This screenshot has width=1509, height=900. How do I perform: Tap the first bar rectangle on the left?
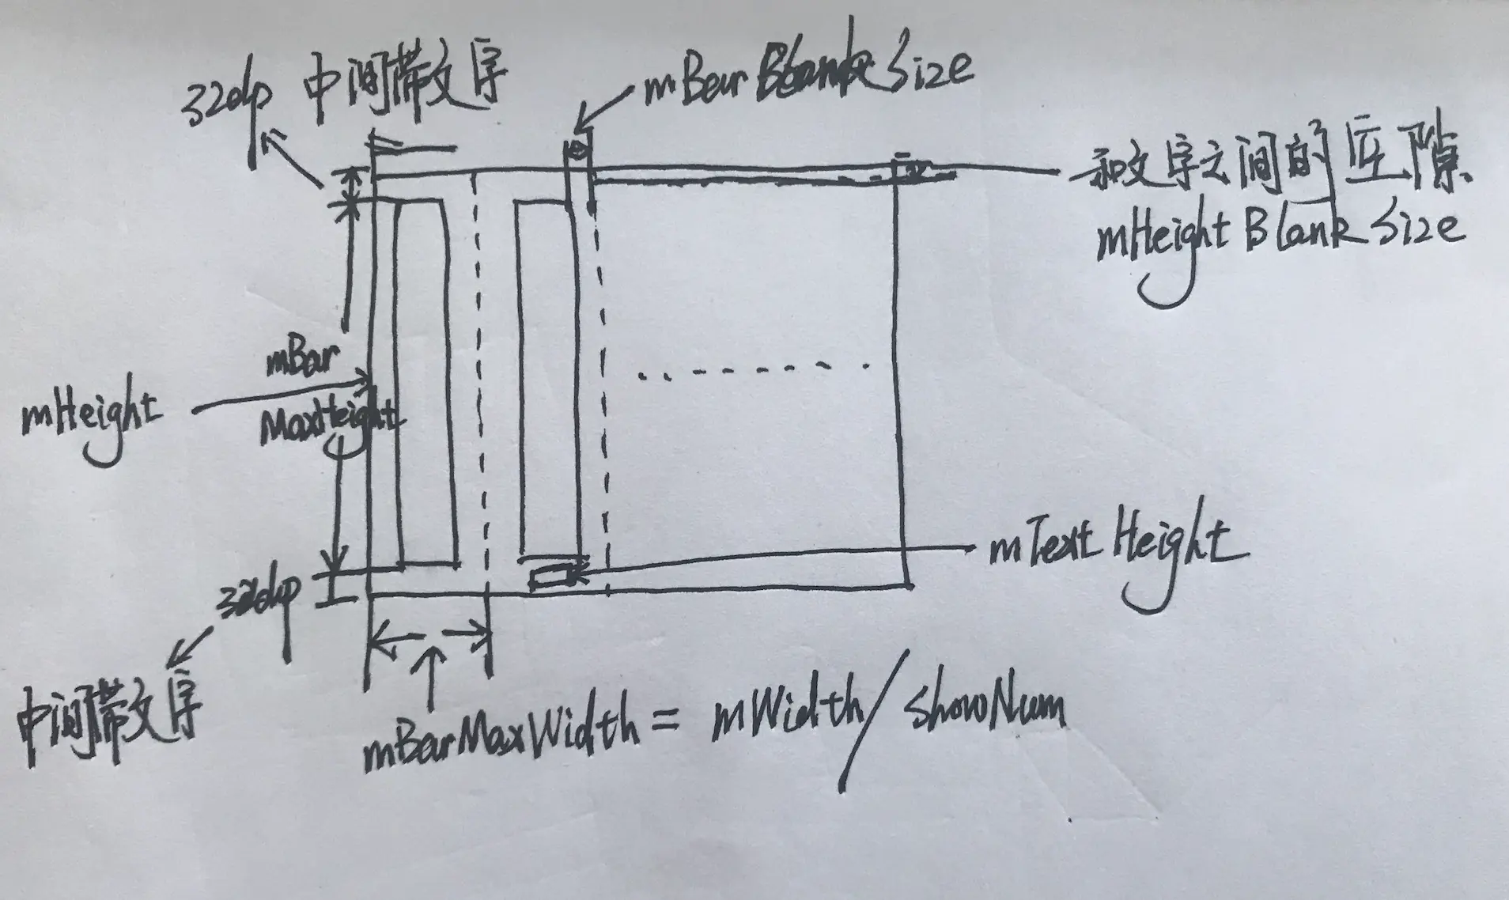click(x=426, y=384)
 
